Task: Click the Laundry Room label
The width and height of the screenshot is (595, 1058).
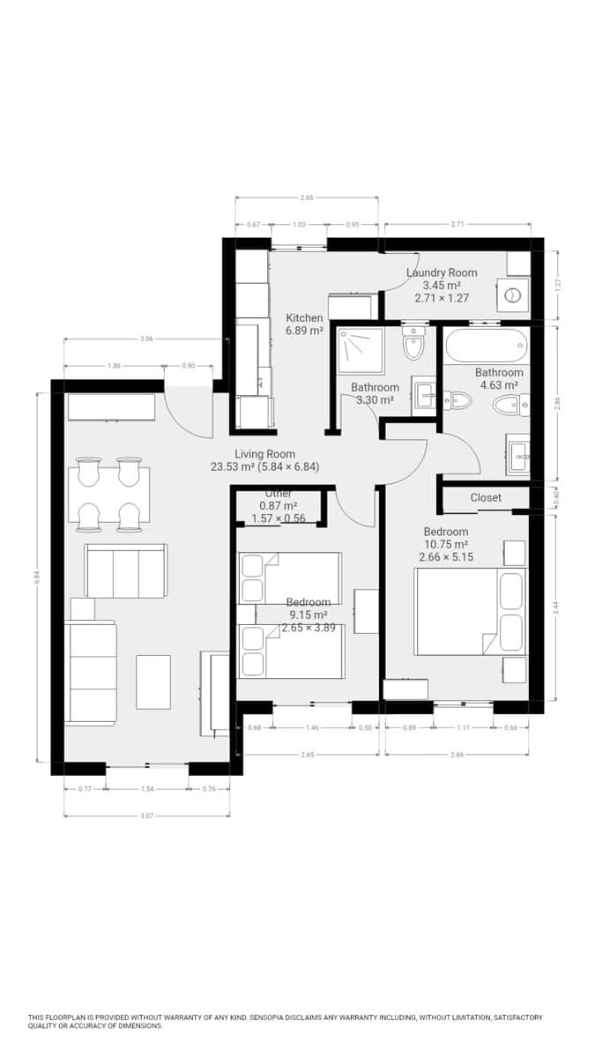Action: click(x=442, y=273)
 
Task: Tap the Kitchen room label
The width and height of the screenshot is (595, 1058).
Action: click(x=304, y=318)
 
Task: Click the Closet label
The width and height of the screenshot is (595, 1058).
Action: click(x=486, y=498)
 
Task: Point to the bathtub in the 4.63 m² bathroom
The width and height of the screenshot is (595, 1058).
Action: click(x=486, y=346)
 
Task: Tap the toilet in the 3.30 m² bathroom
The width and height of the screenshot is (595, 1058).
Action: click(x=413, y=345)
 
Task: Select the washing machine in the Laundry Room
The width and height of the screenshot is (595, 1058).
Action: click(x=513, y=294)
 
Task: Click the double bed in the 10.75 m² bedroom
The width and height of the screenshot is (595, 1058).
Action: click(x=470, y=611)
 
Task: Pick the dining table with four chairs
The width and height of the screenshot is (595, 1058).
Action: click(x=109, y=495)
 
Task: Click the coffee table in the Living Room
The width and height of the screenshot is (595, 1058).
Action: click(x=153, y=682)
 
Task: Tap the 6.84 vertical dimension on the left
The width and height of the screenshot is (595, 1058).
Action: click(x=37, y=577)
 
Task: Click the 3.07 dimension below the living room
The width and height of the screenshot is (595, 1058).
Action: click(x=147, y=816)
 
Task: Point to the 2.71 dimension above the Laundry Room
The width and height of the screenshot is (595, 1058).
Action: click(x=457, y=224)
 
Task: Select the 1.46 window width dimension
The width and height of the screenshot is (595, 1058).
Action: click(x=312, y=728)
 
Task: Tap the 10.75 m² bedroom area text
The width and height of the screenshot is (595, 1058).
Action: click(x=446, y=545)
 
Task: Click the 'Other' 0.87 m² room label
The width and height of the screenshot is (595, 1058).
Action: click(x=279, y=506)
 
